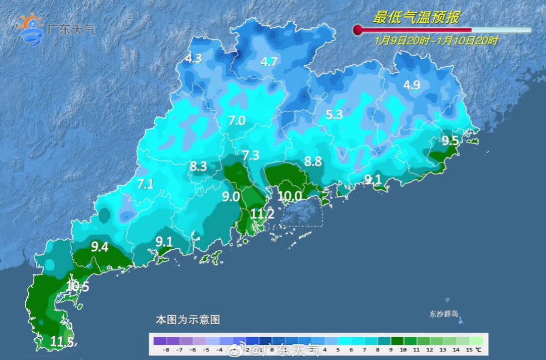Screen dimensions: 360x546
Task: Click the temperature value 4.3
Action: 193,59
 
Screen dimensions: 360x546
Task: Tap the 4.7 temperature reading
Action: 269,62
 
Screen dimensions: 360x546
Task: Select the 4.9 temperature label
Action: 412,85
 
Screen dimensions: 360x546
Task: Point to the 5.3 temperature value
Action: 334,115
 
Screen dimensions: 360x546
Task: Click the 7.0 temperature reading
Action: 237,121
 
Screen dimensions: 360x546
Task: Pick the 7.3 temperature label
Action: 251,155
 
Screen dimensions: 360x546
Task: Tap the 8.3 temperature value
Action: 198,166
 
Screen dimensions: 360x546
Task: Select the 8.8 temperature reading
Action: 313,162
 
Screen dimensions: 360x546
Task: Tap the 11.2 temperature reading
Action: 262,214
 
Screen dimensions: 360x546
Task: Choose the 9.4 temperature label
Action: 100,247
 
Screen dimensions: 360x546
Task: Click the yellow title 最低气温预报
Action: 416,18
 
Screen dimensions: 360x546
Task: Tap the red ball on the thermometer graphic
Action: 358,30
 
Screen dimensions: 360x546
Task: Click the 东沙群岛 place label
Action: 444,314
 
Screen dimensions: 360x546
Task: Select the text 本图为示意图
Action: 188,320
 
